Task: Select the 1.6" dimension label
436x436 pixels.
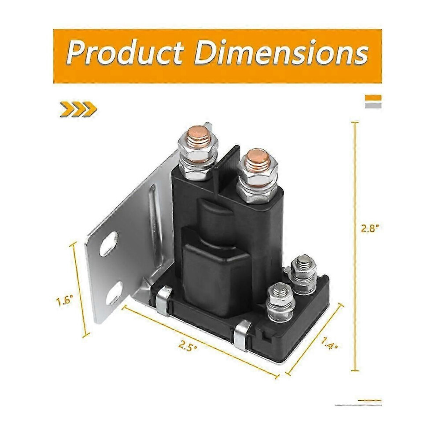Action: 65,301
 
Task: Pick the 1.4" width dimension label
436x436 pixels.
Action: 329,344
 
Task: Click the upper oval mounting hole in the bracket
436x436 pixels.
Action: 108,243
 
